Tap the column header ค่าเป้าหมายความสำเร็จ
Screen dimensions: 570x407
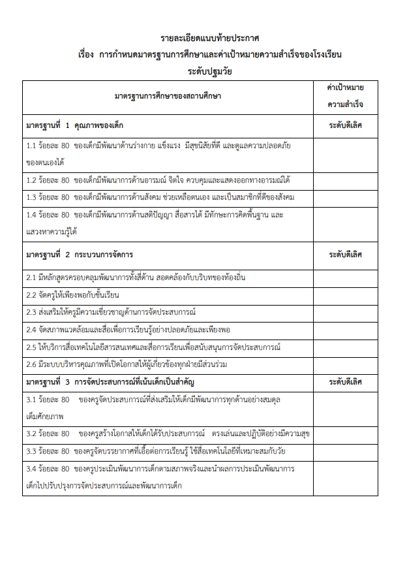pos(345,96)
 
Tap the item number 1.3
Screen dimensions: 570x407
pos(31,197)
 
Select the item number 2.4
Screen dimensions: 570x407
pos(31,329)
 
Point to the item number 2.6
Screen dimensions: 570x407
pos(31,363)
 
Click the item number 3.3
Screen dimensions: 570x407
pos(31,451)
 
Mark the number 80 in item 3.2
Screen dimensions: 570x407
pos(65,433)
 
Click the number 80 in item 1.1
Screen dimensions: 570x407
pos(65,146)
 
